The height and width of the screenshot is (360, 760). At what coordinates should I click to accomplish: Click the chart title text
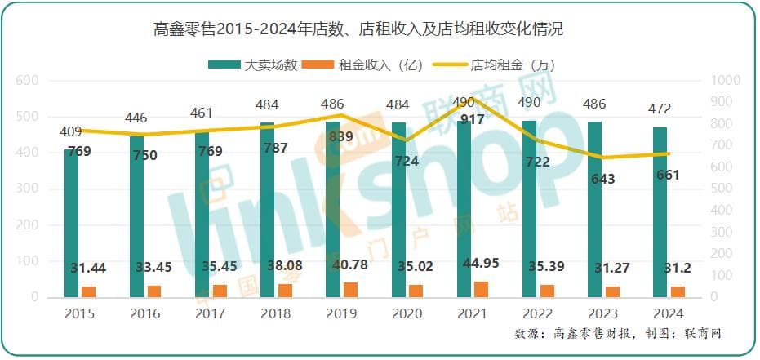pos(358,31)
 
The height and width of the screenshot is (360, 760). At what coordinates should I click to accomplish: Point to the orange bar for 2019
pos(351,290)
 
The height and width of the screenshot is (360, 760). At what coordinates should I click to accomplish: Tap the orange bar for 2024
pos(678,291)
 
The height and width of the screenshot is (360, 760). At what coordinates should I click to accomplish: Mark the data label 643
pos(603,179)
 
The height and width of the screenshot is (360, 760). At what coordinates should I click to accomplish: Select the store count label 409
pos(71,130)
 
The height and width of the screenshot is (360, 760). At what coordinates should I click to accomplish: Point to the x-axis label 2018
pos(275,314)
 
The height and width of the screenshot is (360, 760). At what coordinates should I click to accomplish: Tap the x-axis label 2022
pos(536,314)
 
